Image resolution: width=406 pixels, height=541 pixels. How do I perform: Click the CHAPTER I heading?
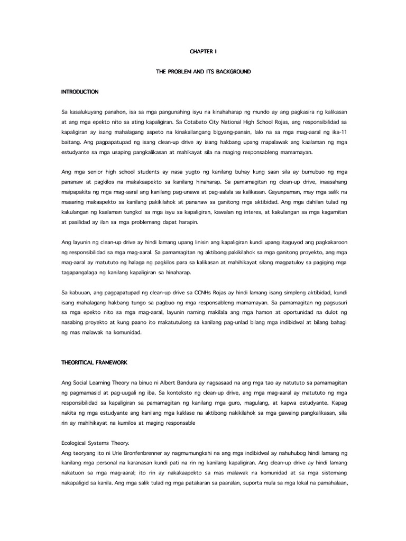(203, 52)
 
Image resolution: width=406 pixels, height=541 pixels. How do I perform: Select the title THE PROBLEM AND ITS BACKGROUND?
(203, 72)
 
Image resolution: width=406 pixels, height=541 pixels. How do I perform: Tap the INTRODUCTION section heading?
(80, 92)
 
